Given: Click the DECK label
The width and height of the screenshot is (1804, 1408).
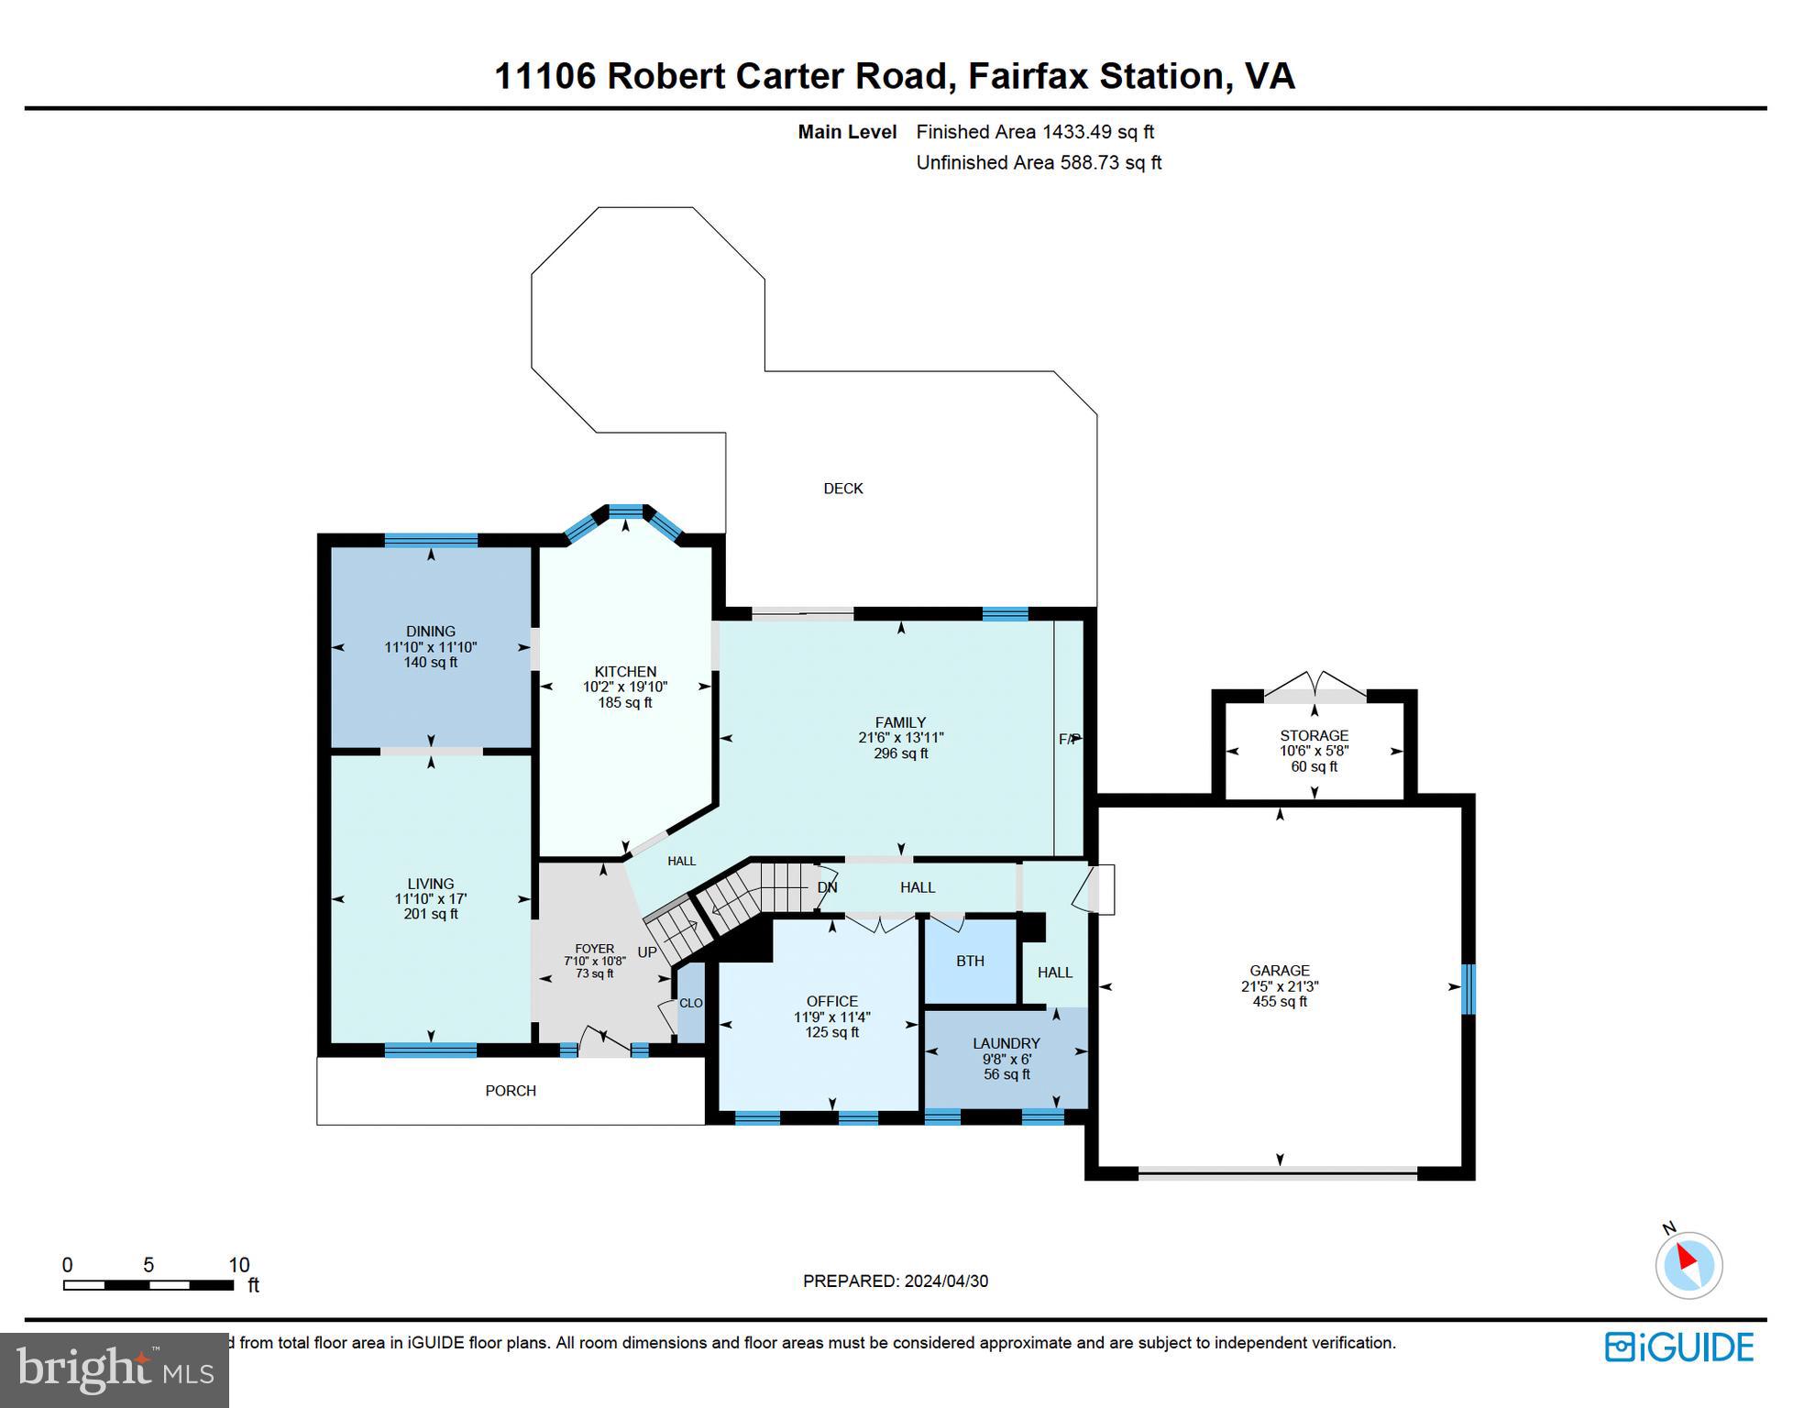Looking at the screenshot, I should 842,489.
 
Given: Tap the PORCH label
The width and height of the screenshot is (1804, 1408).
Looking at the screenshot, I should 511,1091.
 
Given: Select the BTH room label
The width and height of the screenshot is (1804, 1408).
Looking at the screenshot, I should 970,961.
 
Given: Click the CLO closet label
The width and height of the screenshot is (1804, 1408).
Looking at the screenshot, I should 690,1003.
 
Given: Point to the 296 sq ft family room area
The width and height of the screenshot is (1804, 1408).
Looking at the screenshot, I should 900,753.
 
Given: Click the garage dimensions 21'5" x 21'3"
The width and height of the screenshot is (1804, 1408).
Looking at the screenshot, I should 1279,986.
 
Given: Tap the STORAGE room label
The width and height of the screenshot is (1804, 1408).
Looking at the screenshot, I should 1314,735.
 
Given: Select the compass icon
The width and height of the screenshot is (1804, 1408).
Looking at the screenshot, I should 1688,1265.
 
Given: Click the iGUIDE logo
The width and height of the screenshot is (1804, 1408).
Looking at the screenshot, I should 1678,1347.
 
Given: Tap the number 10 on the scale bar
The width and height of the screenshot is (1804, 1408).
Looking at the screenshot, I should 238,1265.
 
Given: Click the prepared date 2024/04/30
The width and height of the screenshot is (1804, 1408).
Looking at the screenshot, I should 945,1281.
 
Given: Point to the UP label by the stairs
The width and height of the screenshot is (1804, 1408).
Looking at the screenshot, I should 647,952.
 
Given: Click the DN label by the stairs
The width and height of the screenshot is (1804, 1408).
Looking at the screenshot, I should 827,887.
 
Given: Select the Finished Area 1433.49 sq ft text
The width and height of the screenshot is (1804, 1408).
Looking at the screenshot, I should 1035,132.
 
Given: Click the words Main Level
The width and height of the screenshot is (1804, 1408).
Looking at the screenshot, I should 847,132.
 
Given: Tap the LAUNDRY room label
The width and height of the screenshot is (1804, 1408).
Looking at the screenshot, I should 1006,1043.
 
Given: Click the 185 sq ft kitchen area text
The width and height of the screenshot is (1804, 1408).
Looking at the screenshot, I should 624,703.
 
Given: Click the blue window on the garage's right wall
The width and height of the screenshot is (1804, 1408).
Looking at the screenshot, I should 1468,988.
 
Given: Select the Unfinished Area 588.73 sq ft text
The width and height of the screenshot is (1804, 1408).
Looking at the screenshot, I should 1039,163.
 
